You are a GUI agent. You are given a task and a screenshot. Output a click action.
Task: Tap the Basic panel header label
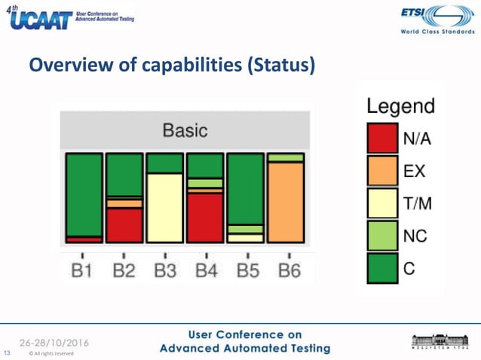(185, 130)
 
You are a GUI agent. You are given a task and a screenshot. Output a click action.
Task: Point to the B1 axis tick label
(82, 270)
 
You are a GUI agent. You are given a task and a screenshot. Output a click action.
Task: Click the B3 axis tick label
(164, 270)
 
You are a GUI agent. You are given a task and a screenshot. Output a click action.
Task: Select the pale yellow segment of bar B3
(164, 207)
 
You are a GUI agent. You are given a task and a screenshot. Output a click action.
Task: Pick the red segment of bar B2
(124, 224)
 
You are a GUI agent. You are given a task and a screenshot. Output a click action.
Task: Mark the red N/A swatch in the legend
(382, 139)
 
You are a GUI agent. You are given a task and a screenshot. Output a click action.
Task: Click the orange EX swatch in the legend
(382, 171)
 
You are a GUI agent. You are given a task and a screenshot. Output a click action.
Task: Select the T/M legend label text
(418, 203)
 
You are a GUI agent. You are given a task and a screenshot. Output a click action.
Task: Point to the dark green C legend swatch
(382, 268)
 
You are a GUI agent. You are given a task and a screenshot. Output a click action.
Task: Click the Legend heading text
(400, 106)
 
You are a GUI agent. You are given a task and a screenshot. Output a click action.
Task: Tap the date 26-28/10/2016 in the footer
(55, 342)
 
